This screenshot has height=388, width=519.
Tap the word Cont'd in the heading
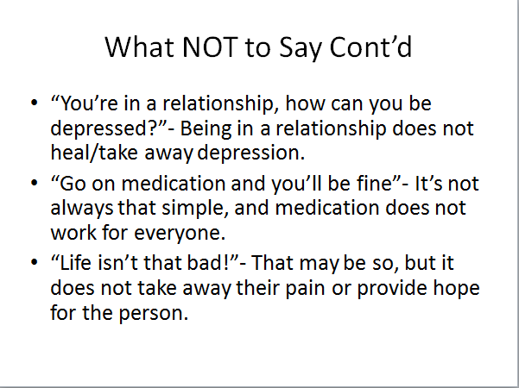point(370,47)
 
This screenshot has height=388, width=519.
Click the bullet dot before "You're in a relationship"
point(34,103)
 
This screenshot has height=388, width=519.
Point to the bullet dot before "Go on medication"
point(34,183)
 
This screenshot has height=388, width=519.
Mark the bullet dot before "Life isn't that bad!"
point(34,262)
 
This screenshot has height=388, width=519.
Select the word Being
point(206,130)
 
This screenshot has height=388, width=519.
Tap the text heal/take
point(94,153)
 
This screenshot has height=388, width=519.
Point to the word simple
point(194,209)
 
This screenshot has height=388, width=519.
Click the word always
point(82,209)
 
